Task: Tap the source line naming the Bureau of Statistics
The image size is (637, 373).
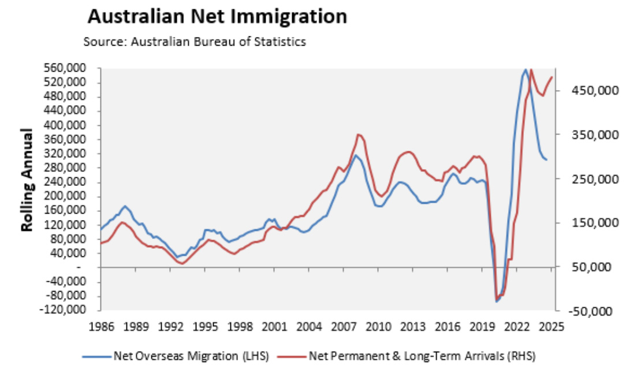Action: tap(194, 42)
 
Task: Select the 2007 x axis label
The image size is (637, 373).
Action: tap(346, 326)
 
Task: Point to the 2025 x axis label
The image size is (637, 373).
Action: tap(551, 326)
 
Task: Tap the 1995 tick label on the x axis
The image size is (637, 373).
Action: tap(206, 326)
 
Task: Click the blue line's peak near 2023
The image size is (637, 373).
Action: tap(526, 70)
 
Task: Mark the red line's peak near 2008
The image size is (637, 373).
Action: tap(359, 135)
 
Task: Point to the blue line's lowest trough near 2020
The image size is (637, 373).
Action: tap(496, 301)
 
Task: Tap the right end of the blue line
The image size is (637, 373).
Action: tap(547, 159)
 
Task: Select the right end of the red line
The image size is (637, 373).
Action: tap(552, 77)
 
